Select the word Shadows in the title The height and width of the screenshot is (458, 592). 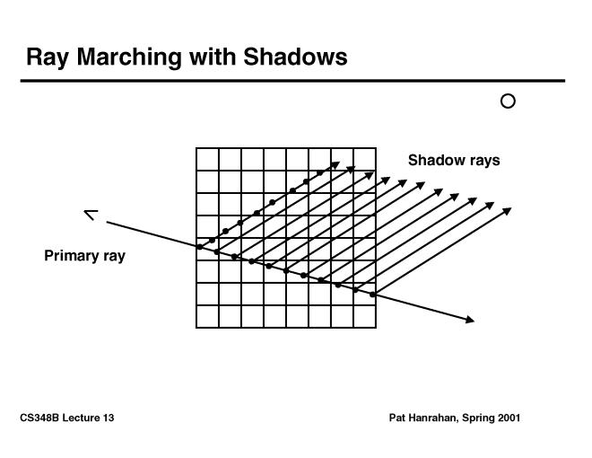click(295, 57)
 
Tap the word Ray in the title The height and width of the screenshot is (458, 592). click(48, 57)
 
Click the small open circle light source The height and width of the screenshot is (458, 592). click(508, 101)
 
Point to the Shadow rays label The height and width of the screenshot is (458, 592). click(454, 160)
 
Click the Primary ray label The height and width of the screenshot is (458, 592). click(84, 256)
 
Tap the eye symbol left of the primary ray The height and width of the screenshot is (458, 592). click(91, 215)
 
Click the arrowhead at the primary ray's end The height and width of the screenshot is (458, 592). click(470, 320)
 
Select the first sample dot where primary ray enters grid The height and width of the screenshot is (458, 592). click(200, 247)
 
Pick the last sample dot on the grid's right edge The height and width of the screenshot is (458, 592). click(372, 295)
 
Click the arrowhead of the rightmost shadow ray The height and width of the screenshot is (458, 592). click(507, 211)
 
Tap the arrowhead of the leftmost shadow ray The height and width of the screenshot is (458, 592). click(335, 165)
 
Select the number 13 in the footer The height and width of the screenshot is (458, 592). click(109, 418)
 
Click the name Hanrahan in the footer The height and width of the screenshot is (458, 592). click(433, 418)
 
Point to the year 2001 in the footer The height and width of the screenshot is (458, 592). click(509, 418)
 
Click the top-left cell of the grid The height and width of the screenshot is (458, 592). click(207, 160)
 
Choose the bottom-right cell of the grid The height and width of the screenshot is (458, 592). click(365, 316)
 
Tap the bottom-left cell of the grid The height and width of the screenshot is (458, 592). click(207, 316)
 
